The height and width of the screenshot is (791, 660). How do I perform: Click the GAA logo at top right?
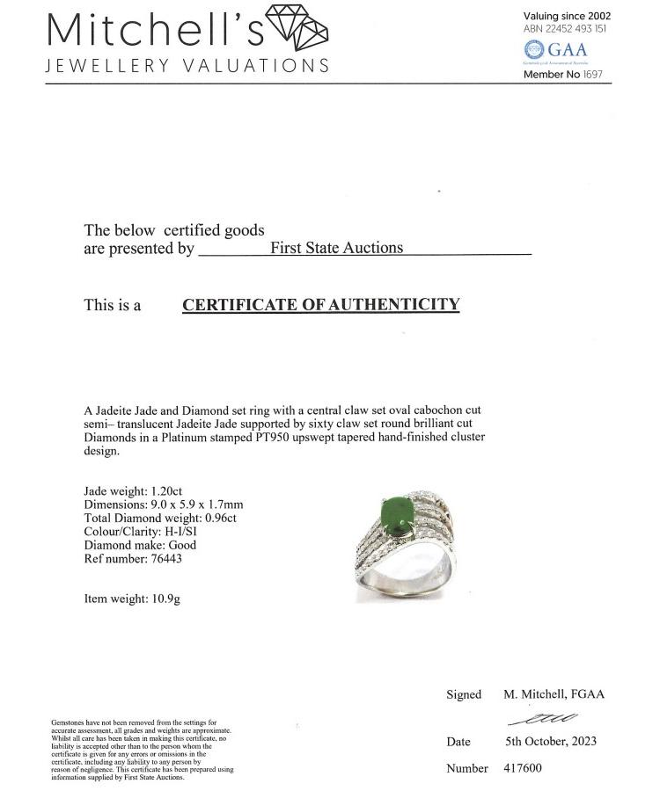[555, 49]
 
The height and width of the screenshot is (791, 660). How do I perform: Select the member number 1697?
[593, 75]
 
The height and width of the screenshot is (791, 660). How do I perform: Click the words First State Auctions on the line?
[336, 248]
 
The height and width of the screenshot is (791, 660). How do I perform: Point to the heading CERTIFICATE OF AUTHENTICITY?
[320, 305]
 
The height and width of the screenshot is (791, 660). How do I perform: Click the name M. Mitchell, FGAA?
[554, 694]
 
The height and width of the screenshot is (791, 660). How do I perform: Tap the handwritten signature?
[552, 719]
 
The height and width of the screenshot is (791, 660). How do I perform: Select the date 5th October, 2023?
[550, 741]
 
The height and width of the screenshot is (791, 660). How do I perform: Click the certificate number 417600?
[523, 768]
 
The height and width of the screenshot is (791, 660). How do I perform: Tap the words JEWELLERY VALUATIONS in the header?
[187, 66]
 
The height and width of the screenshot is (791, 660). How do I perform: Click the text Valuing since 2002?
[567, 16]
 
